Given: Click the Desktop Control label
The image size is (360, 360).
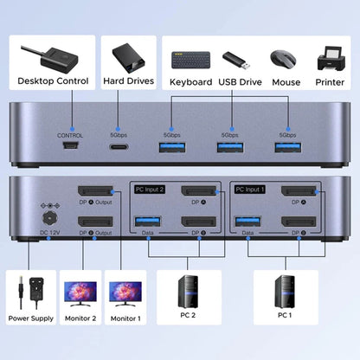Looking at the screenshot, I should pos(53,82).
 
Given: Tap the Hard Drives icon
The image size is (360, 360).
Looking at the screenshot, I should pos(128,58).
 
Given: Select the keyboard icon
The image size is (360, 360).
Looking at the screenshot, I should pos(190,59).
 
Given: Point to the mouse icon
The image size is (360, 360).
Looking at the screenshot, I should pos(286,59).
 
